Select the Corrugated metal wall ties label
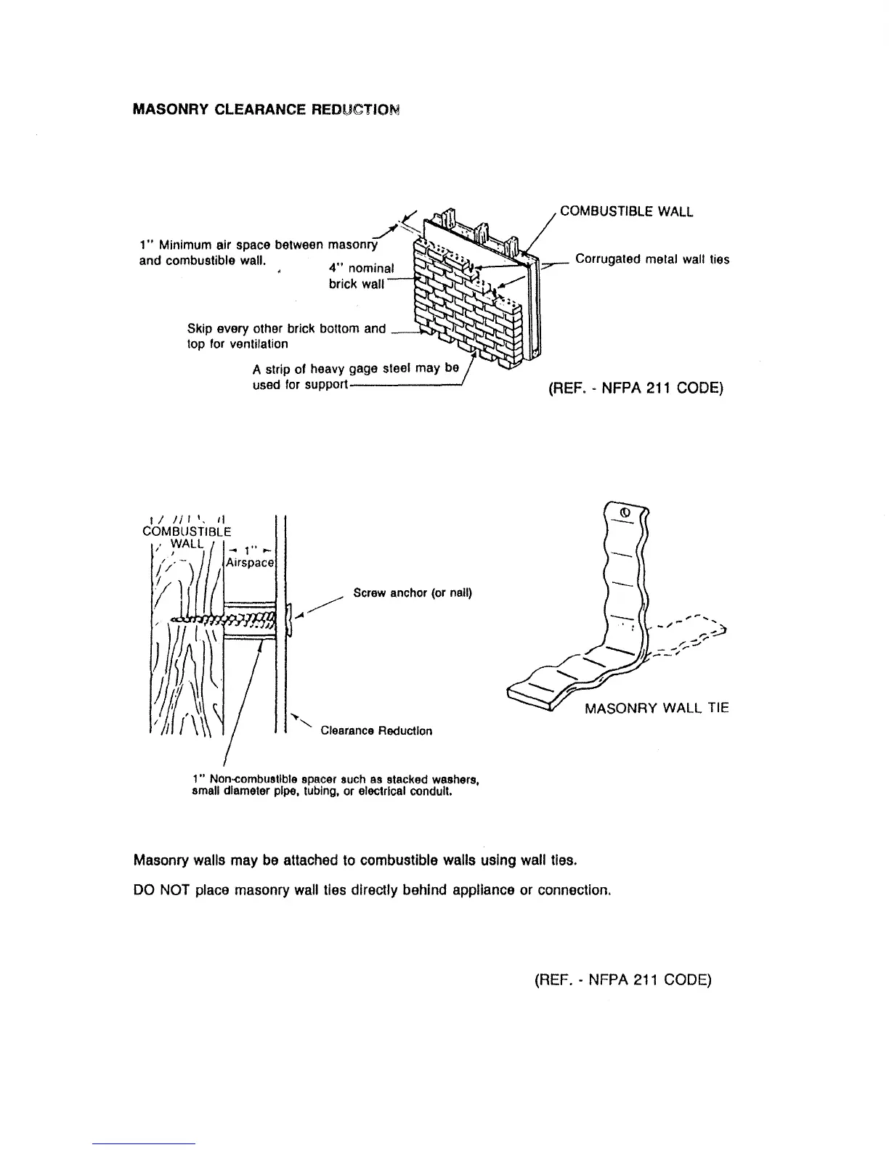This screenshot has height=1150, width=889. click(x=652, y=259)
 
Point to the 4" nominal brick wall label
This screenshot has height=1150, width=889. click(x=357, y=276)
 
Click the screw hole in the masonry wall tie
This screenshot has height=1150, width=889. click(x=625, y=513)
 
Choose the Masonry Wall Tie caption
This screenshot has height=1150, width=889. click(x=657, y=708)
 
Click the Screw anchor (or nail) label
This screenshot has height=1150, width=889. click(x=412, y=592)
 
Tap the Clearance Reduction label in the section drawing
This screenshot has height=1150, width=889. click(x=376, y=730)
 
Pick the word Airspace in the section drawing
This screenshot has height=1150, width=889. click(x=249, y=563)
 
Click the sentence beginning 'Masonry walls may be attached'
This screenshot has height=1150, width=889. click(x=356, y=861)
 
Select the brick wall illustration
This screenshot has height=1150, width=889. click(x=472, y=298)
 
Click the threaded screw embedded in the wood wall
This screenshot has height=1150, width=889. click(x=225, y=619)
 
